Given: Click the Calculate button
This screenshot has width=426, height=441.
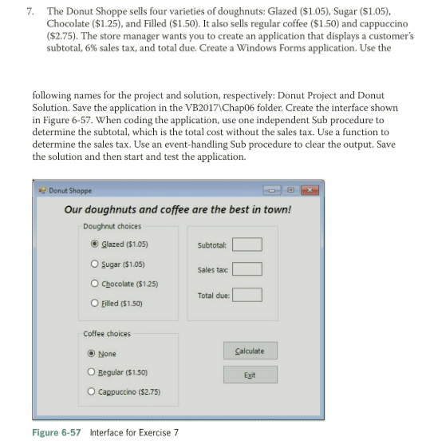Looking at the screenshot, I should [x=250, y=351].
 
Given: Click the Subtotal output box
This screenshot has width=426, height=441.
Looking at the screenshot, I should [x=247, y=244].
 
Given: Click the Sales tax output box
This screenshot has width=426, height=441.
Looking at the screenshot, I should [x=247, y=269].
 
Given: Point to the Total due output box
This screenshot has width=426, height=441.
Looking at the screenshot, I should [x=247, y=295].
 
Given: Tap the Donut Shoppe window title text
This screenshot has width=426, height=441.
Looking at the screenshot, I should [x=70, y=190].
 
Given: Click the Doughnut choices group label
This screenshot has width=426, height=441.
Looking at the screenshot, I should [x=112, y=226].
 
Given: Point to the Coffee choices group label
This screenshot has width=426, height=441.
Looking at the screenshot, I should [x=107, y=334].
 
